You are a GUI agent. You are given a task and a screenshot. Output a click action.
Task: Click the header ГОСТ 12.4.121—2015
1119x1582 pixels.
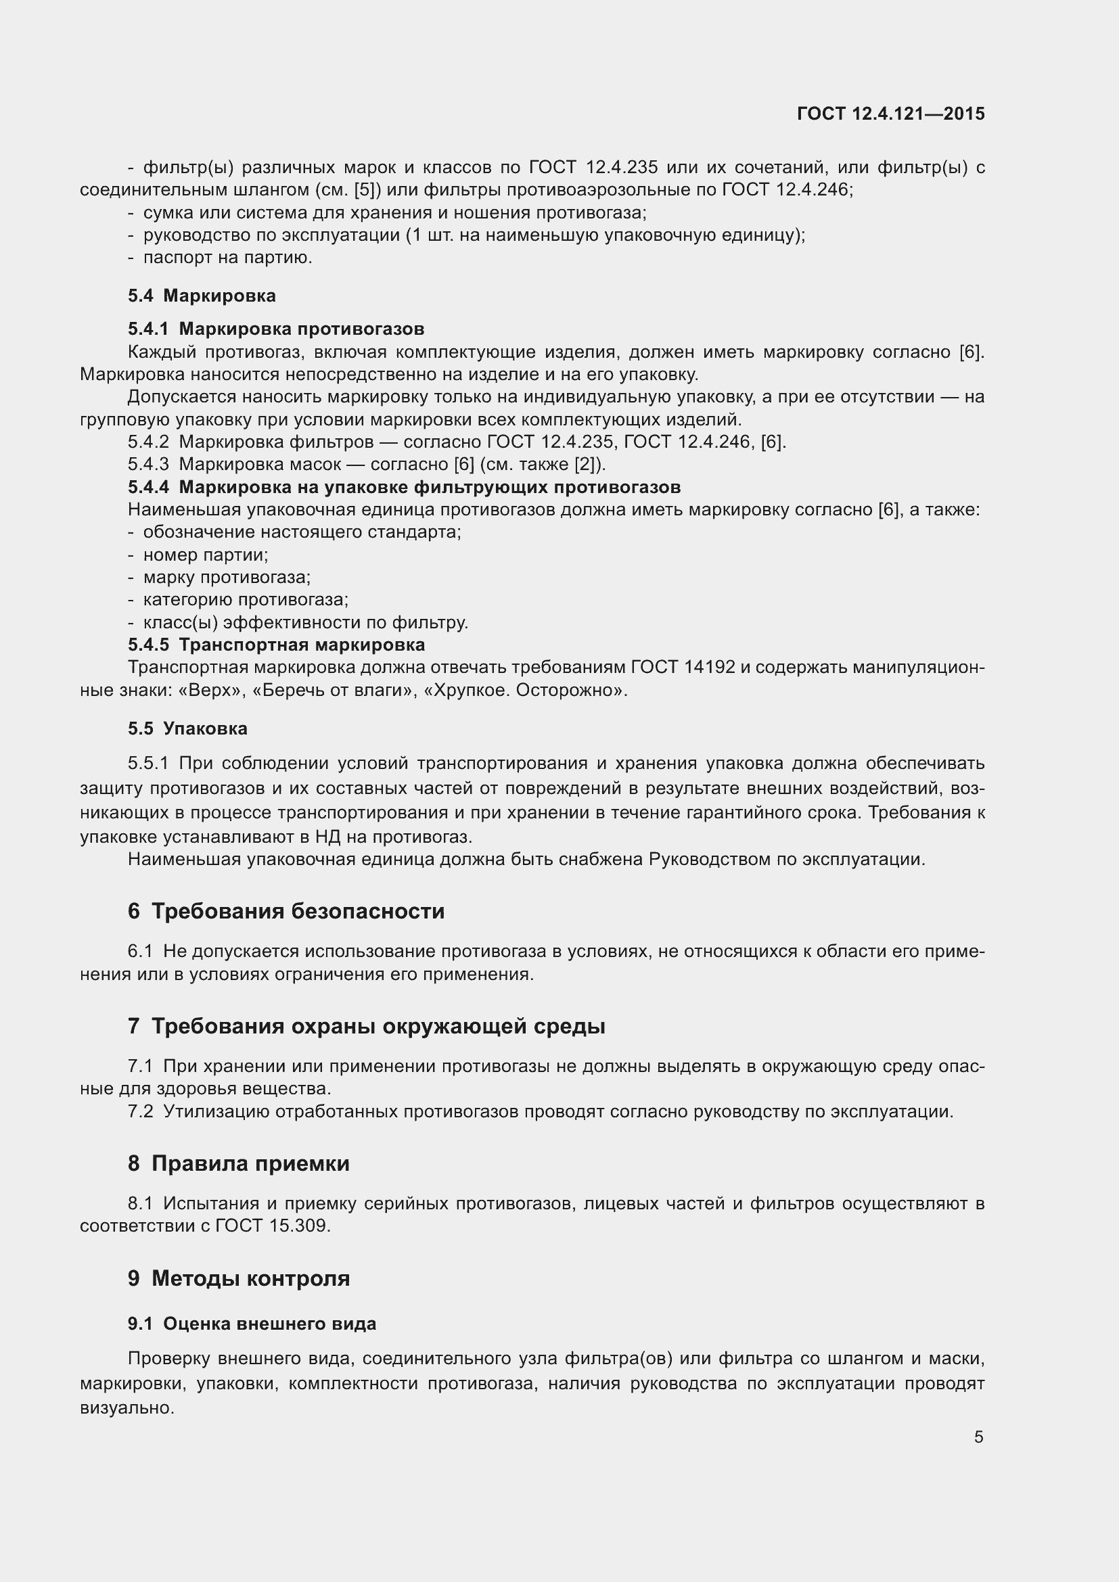890,114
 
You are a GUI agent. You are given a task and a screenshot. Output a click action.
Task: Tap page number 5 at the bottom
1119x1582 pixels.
978,1437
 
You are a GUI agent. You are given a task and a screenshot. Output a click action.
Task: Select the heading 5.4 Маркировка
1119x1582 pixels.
201,296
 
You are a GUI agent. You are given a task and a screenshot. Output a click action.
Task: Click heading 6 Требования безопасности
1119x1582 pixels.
286,911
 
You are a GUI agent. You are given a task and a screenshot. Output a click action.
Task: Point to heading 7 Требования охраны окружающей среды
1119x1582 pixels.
366,1026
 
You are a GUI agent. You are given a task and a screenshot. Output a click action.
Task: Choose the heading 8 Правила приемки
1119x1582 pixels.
238,1163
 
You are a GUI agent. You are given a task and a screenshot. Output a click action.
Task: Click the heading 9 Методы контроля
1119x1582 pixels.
238,1278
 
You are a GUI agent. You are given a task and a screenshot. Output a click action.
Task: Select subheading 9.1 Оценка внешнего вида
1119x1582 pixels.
252,1324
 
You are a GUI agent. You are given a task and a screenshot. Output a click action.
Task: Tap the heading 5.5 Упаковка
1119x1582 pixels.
187,728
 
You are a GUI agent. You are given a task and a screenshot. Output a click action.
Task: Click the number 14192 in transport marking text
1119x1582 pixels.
710,667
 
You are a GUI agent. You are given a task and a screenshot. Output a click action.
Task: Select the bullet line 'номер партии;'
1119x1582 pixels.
206,555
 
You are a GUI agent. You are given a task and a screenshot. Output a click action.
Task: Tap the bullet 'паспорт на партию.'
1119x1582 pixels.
227,258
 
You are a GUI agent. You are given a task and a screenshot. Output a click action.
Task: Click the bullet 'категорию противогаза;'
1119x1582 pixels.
246,599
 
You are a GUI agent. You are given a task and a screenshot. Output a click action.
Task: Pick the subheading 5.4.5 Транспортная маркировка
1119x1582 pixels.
275,645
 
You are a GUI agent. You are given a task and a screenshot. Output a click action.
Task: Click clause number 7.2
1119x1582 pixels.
141,1111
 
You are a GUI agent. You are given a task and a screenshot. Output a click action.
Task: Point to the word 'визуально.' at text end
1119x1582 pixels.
127,1407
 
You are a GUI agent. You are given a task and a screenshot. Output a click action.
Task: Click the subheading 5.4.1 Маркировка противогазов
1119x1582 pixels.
275,329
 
